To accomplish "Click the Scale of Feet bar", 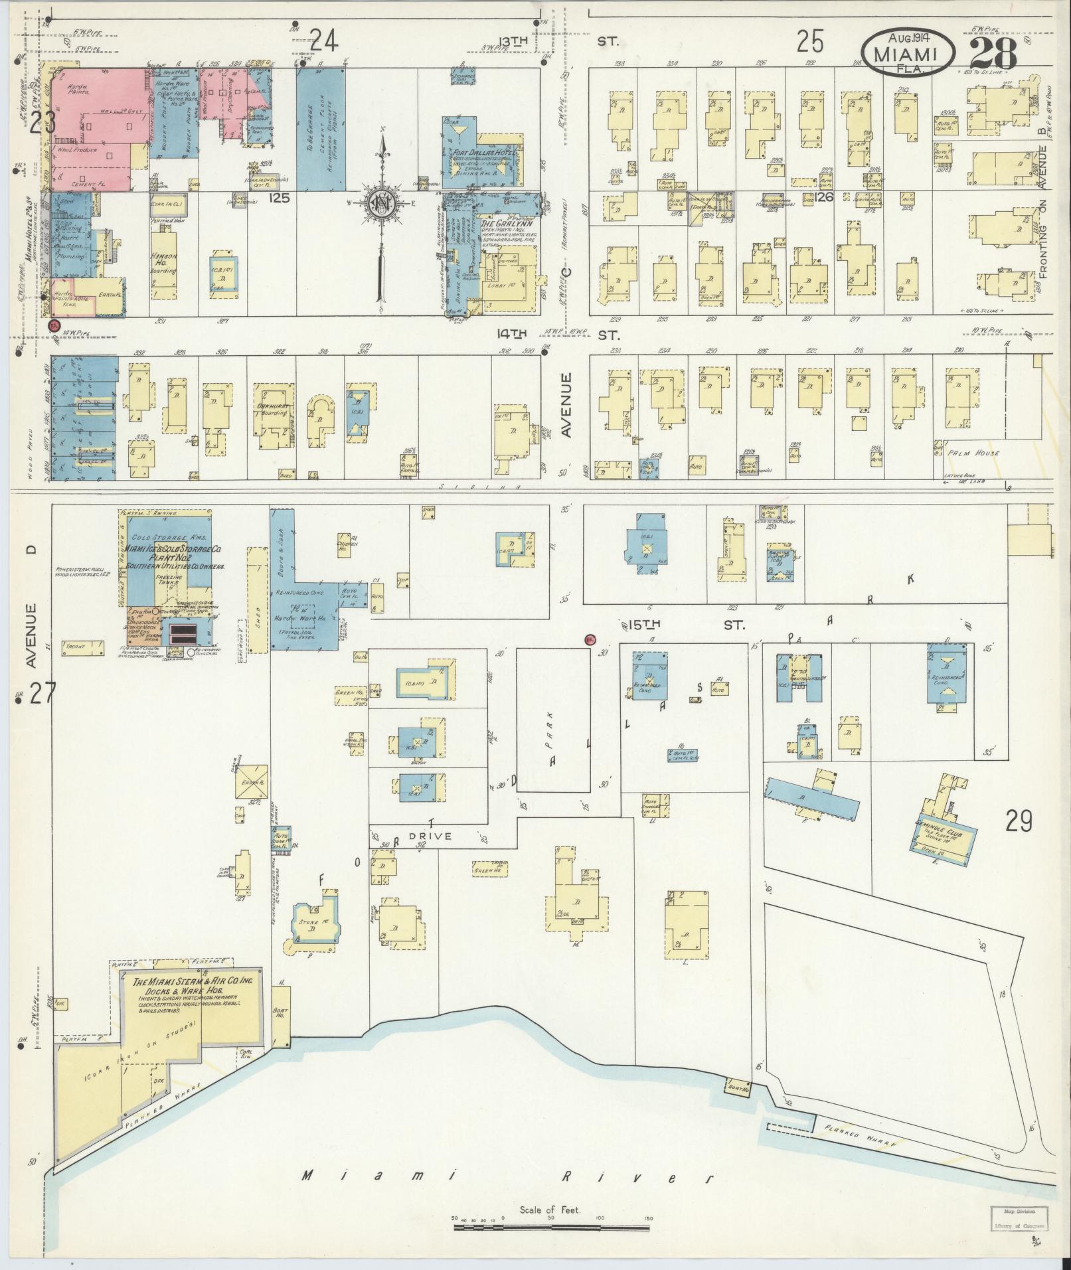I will [550, 1228].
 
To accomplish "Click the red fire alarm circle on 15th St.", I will [589, 639].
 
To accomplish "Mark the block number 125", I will [280, 197].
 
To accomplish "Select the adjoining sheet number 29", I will [1018, 822].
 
